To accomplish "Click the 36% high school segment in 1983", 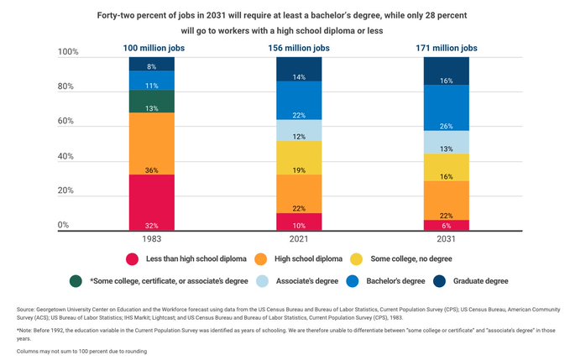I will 151,143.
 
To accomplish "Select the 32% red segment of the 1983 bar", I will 151,202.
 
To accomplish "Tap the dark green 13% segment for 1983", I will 151,102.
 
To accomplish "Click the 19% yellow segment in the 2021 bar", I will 298,157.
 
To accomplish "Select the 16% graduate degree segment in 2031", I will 446,71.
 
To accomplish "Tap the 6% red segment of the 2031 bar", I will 446,225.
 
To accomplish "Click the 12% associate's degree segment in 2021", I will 298,130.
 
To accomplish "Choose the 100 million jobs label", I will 151,49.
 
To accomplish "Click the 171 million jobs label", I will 446,49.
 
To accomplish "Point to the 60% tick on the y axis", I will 68,122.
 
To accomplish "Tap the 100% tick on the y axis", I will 68,53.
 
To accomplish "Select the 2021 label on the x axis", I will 298,240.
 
